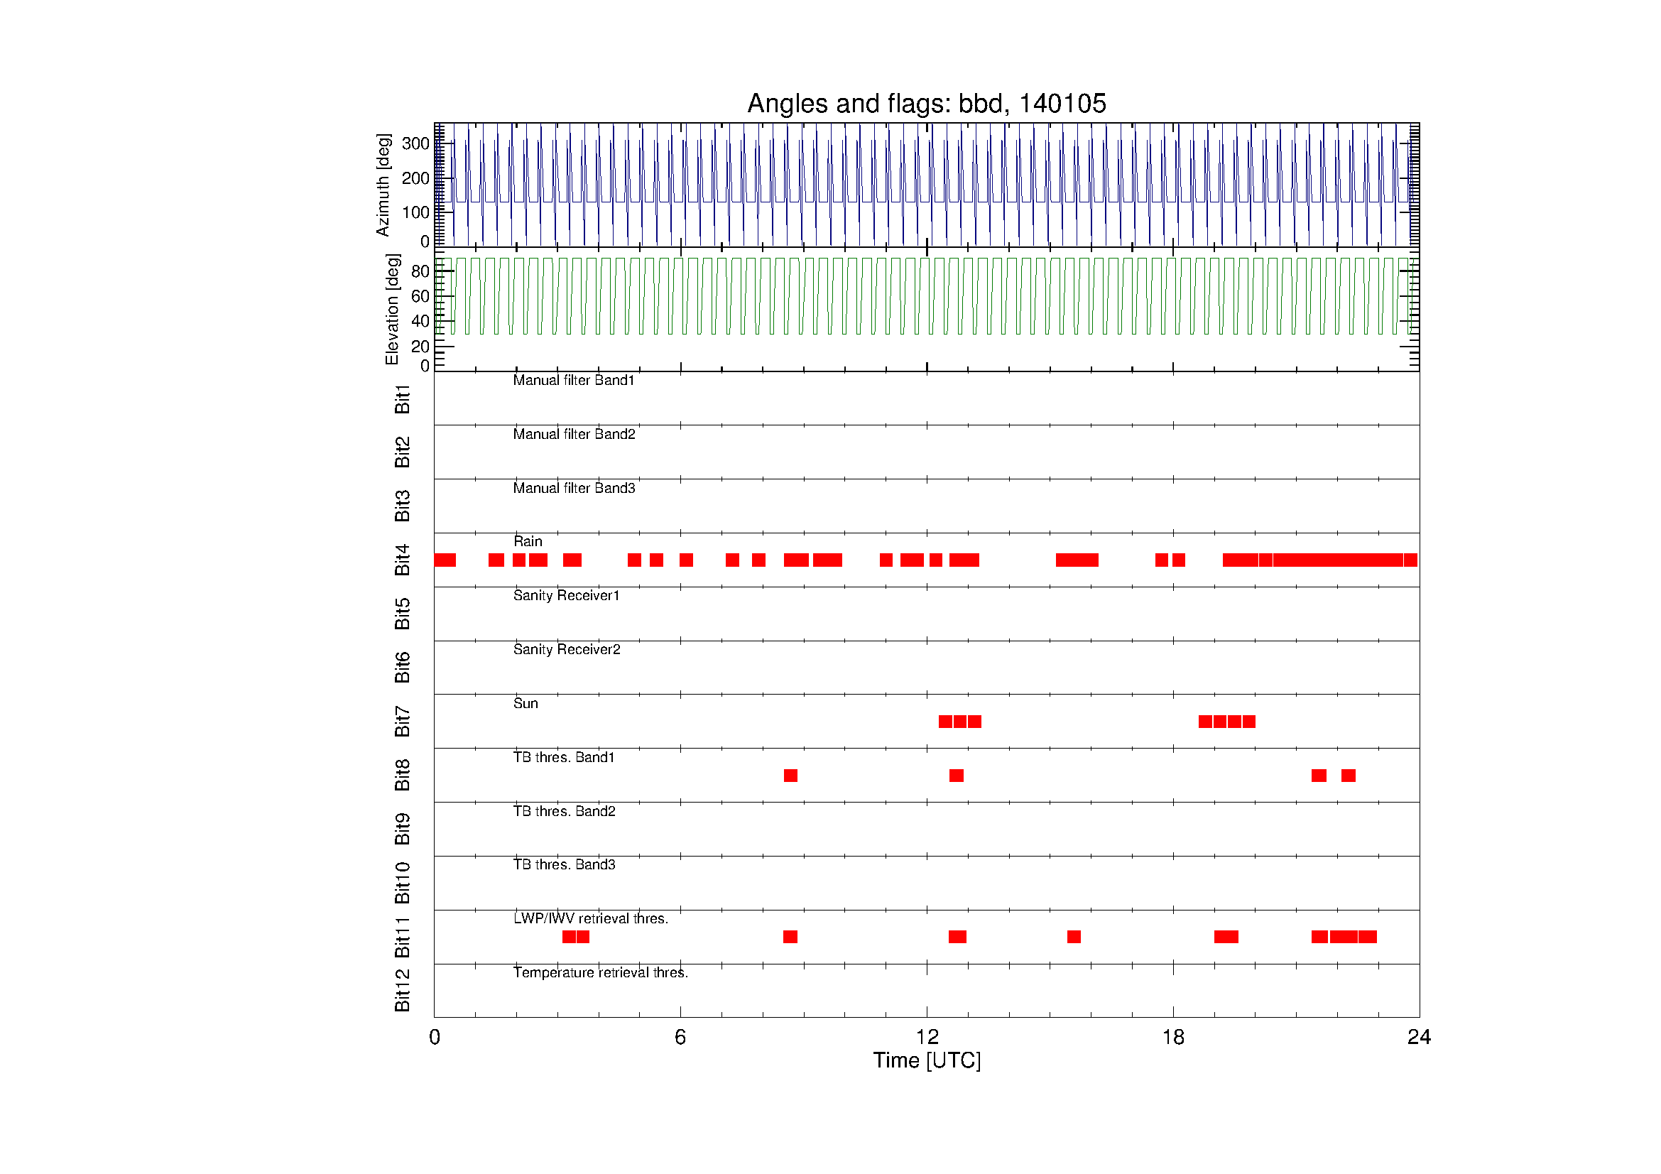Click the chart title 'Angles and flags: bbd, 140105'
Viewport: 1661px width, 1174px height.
click(x=926, y=104)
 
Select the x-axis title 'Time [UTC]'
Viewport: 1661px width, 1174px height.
click(x=927, y=1060)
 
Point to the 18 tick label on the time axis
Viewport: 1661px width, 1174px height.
click(x=1172, y=1038)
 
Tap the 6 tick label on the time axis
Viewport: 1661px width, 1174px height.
click(x=680, y=1038)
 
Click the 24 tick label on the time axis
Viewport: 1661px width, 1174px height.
click(x=1419, y=1038)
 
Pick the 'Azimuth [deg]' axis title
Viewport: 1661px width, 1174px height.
click(x=383, y=185)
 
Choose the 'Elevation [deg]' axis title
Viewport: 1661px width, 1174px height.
click(x=392, y=309)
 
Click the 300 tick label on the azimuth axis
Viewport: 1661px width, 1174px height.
click(x=416, y=143)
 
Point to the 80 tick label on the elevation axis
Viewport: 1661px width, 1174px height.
click(x=420, y=271)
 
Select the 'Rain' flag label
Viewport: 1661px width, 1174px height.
click(x=528, y=541)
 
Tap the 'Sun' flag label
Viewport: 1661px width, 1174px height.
click(x=525, y=703)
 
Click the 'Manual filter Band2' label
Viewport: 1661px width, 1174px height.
click(x=574, y=434)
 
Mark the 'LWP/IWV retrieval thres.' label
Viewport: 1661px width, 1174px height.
click(x=590, y=918)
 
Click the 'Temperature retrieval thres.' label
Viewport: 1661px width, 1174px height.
click(x=601, y=973)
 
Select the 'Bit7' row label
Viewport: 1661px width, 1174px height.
click(x=402, y=721)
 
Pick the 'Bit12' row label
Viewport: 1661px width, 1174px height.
click(x=402, y=990)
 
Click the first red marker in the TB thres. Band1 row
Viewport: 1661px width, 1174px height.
click(x=790, y=776)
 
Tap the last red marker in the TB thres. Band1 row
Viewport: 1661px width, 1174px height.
click(x=1349, y=776)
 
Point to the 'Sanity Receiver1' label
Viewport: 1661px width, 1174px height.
click(x=567, y=595)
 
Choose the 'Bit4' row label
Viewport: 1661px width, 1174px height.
click(x=402, y=560)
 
